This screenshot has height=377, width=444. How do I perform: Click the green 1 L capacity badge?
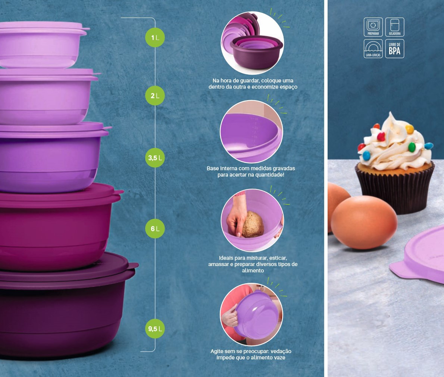155,37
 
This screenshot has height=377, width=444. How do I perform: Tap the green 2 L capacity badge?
155,96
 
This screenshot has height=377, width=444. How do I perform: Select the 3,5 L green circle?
155,158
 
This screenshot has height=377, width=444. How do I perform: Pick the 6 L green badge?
155,228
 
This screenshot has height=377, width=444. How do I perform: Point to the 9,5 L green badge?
155,328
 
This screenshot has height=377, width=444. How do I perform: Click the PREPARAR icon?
373,27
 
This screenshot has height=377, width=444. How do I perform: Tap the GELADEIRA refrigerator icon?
395,27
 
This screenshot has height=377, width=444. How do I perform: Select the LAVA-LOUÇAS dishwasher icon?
373,49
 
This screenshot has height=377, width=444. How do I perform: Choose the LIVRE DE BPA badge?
395,49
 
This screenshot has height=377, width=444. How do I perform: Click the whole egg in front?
364,222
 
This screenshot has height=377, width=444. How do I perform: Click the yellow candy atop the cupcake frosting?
409,129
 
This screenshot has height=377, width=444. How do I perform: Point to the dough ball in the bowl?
253,224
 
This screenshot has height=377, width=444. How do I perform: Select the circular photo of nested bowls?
252,43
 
